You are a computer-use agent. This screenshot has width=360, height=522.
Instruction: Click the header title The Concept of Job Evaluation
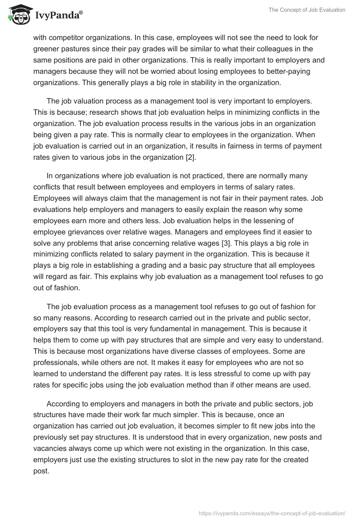(x=305, y=10)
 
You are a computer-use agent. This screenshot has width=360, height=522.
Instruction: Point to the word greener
(x=46, y=49)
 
